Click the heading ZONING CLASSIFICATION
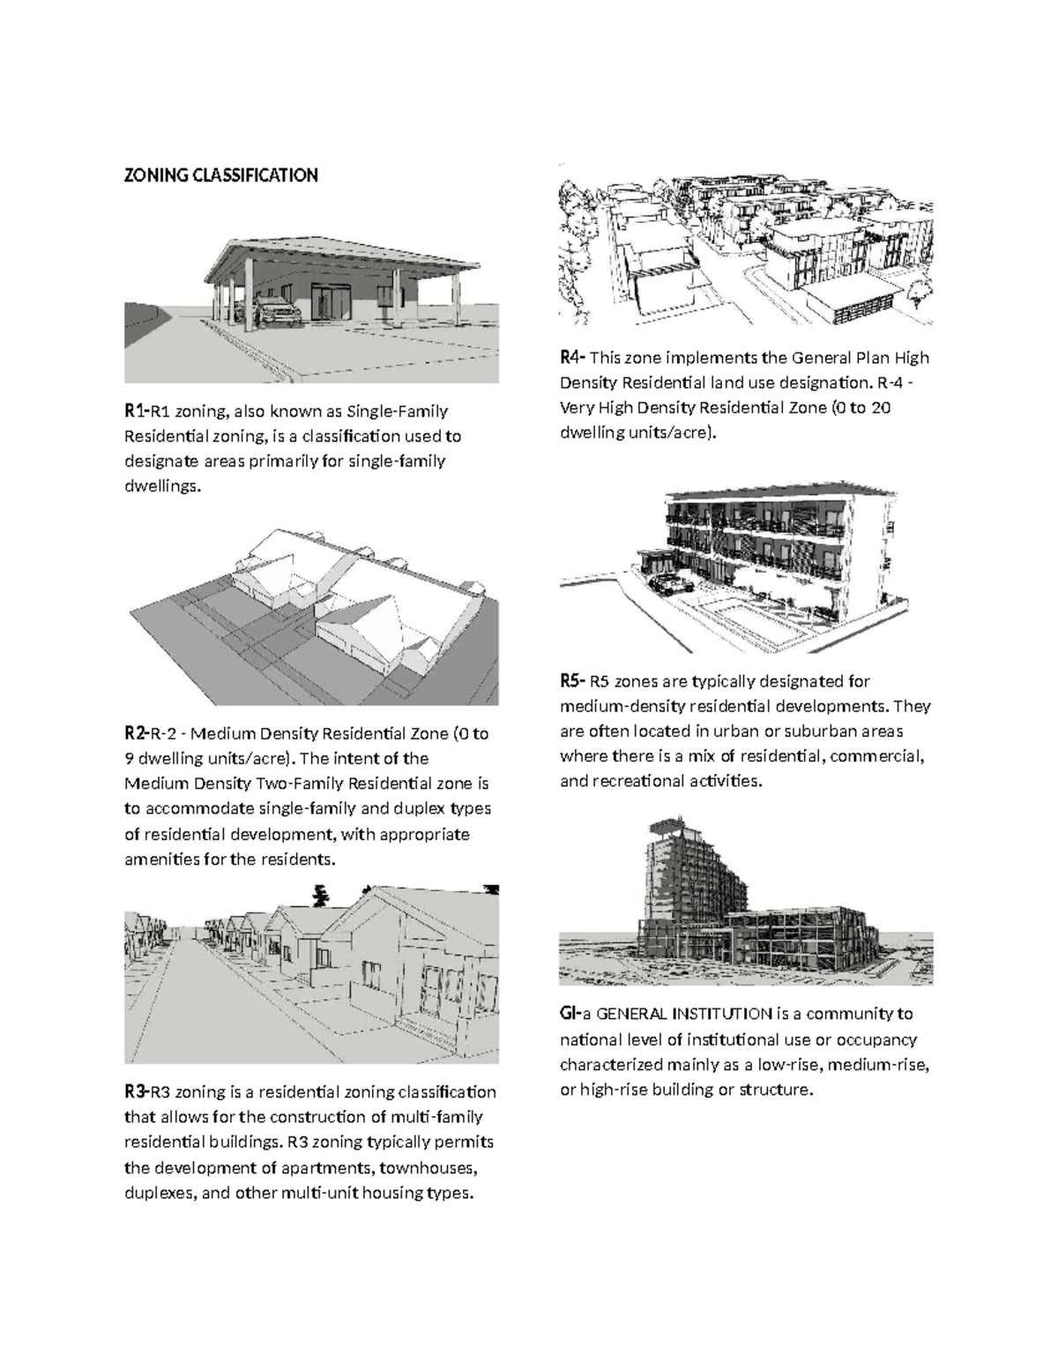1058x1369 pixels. pyautogui.click(x=220, y=175)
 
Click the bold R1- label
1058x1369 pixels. pyautogui.click(x=136, y=411)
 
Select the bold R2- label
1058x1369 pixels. pyautogui.click(x=136, y=733)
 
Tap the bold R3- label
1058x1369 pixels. pyautogui.click(x=136, y=1092)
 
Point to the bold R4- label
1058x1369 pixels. pyautogui.click(x=572, y=358)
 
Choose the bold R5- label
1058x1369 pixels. pyautogui.click(x=572, y=681)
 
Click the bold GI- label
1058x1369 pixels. pyautogui.click(x=570, y=1014)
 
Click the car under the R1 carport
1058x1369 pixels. pyautogui.click(x=274, y=310)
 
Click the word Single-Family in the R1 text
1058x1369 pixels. pyautogui.click(x=398, y=412)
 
